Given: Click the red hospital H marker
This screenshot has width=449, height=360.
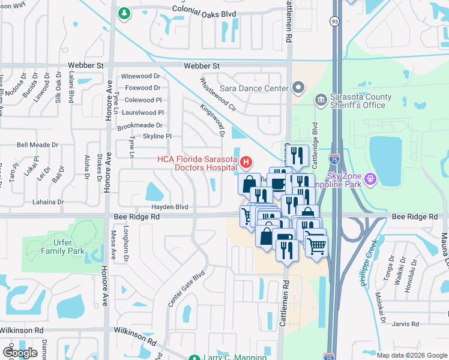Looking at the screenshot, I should pyautogui.click(x=246, y=162).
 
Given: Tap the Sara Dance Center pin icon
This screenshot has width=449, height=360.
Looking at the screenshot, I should pyautogui.click(x=299, y=89).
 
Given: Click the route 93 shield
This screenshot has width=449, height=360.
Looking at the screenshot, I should pyautogui.click(x=334, y=22).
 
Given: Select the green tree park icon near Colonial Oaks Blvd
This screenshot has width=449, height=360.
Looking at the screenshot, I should pyautogui.click(x=124, y=13).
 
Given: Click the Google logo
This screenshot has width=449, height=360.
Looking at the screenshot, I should pyautogui.click(x=20, y=353).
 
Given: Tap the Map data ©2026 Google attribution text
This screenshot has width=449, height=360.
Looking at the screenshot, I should pyautogui.click(x=411, y=355).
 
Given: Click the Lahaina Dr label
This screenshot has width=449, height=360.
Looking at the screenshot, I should pyautogui.click(x=44, y=203).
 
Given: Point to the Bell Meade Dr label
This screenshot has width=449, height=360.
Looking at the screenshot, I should pyautogui.click(x=37, y=145).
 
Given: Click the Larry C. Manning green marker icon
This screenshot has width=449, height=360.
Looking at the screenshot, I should pyautogui.click(x=194, y=358).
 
